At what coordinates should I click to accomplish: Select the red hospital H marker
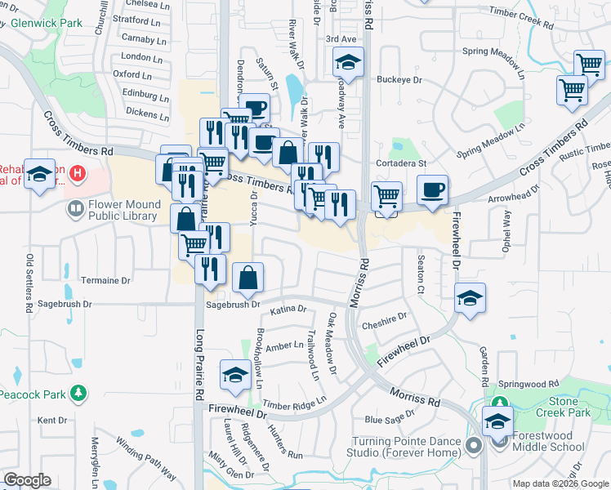(x=78, y=173)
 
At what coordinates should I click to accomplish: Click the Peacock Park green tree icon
(x=78, y=394)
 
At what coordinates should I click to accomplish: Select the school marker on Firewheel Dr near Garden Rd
(x=470, y=300)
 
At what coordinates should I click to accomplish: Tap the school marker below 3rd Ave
(x=348, y=64)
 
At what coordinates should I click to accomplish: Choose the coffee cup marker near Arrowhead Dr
(x=432, y=191)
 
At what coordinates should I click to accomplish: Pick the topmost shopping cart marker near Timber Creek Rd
(x=589, y=65)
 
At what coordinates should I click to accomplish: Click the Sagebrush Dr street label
(x=232, y=305)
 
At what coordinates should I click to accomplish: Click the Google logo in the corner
(x=27, y=481)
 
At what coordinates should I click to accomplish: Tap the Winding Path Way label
(x=145, y=458)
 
